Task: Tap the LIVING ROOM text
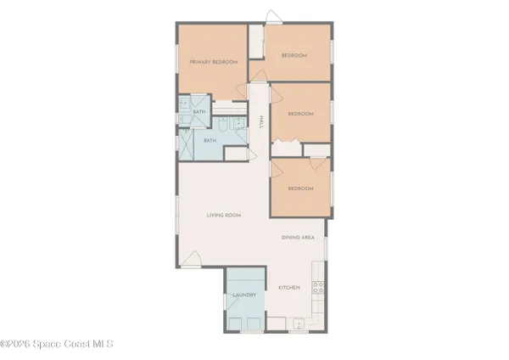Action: click(x=224, y=216)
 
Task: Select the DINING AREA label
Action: click(x=298, y=238)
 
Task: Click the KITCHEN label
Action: click(x=289, y=288)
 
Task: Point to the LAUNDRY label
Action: click(x=244, y=295)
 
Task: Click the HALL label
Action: click(x=260, y=123)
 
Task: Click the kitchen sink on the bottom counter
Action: click(x=296, y=323)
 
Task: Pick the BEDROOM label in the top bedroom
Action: click(x=294, y=56)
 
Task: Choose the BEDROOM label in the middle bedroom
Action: click(x=300, y=114)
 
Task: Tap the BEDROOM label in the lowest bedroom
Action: click(x=299, y=188)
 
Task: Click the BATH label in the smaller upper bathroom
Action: click(x=199, y=112)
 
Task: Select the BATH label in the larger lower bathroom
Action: click(x=210, y=141)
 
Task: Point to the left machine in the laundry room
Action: click(x=235, y=323)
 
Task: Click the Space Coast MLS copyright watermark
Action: click(x=56, y=344)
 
